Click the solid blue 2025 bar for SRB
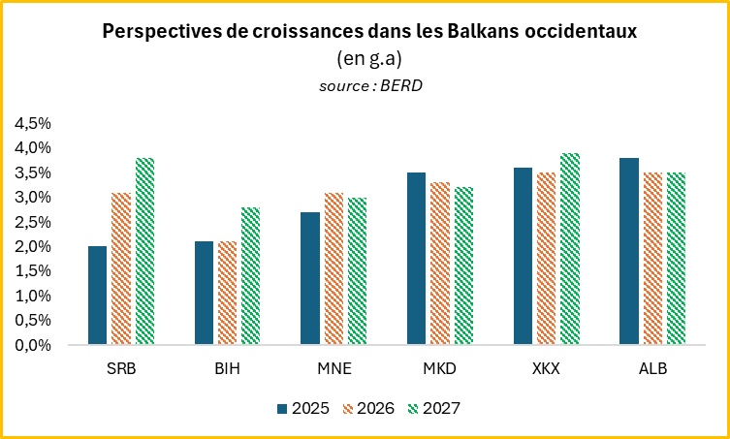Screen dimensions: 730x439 point(97,296)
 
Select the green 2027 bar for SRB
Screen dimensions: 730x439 point(144,251)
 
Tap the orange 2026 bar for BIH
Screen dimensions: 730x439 point(227,294)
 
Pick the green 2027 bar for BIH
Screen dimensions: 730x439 point(251,276)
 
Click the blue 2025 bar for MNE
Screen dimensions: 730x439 point(310,278)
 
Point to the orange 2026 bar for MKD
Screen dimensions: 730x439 point(440,264)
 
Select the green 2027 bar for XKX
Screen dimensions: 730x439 point(570,249)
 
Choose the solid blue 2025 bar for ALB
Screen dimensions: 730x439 point(629,251)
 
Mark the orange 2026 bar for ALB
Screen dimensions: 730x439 point(652,259)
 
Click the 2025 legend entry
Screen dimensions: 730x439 point(303,409)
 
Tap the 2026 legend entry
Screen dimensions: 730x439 point(368,409)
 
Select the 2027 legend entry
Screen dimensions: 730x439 point(434,409)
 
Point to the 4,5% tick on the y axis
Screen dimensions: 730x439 point(33,124)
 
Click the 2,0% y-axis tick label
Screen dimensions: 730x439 point(33,247)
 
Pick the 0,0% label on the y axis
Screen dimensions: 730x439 point(33,345)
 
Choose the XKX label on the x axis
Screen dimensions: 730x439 point(547,368)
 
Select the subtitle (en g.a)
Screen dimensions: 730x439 point(368,59)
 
